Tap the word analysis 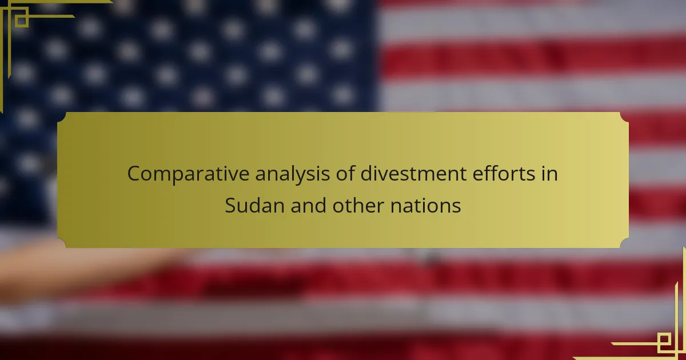coord(293,174)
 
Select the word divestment coord(413,173)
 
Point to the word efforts coord(504,173)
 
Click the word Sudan coord(255,205)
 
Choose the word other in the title coord(358,205)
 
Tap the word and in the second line coord(308,205)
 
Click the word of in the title coord(345,173)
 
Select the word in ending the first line coord(549,174)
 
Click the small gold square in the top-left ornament coord(22,21)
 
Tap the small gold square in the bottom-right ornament coord(664,339)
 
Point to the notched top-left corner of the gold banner coord(61,117)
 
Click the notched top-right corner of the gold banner coord(624,117)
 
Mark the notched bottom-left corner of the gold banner coord(61,243)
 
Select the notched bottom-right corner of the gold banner coord(624,243)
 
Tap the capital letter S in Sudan coord(230,205)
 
